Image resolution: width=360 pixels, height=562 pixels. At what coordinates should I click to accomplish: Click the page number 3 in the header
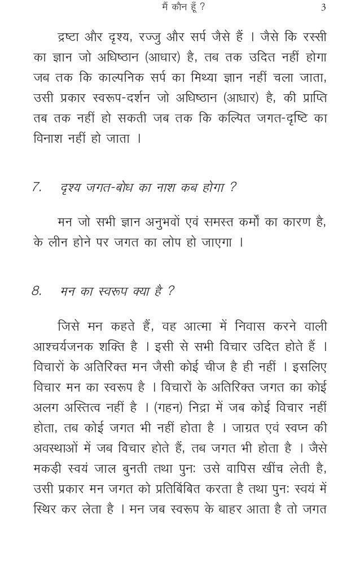pyautogui.click(x=323, y=7)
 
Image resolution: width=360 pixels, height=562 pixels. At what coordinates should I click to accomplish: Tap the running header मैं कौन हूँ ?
pyautogui.click(x=182, y=7)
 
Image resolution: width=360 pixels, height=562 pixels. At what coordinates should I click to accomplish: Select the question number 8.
pyautogui.click(x=37, y=291)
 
